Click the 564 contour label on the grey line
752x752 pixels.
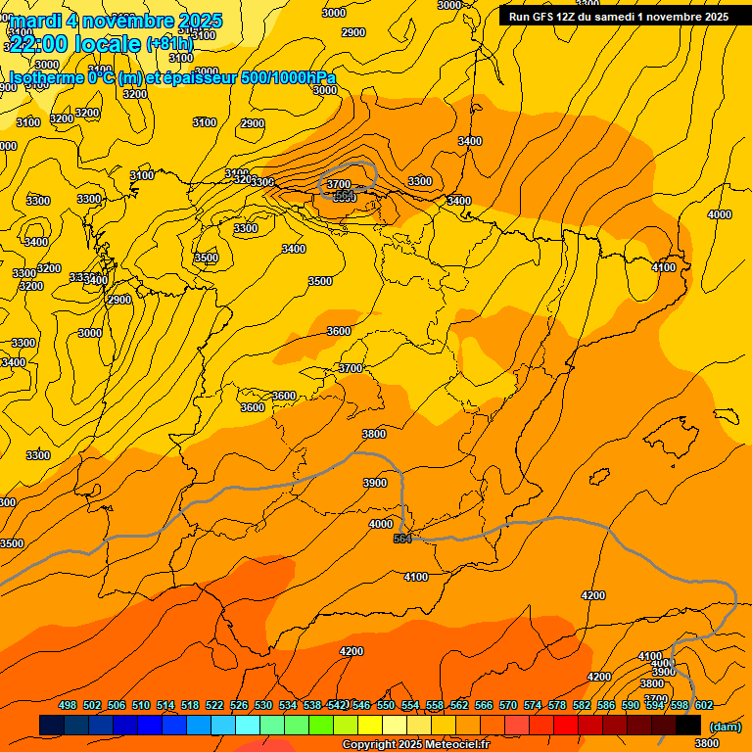pos(401,539)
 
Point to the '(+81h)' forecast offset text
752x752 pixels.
pos(169,43)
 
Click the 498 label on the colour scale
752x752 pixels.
pos(68,705)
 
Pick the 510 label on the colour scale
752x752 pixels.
pos(141,705)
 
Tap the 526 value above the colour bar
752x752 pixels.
pos(239,705)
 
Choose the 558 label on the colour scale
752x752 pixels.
pos(435,705)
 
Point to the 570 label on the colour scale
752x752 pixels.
pos(508,705)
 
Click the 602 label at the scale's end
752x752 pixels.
pos(704,705)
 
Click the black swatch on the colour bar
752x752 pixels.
pos(688,725)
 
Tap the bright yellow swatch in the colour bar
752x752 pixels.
pos(370,725)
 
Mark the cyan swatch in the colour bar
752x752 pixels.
pos(248,725)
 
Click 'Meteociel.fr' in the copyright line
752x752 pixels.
pos(459,744)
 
